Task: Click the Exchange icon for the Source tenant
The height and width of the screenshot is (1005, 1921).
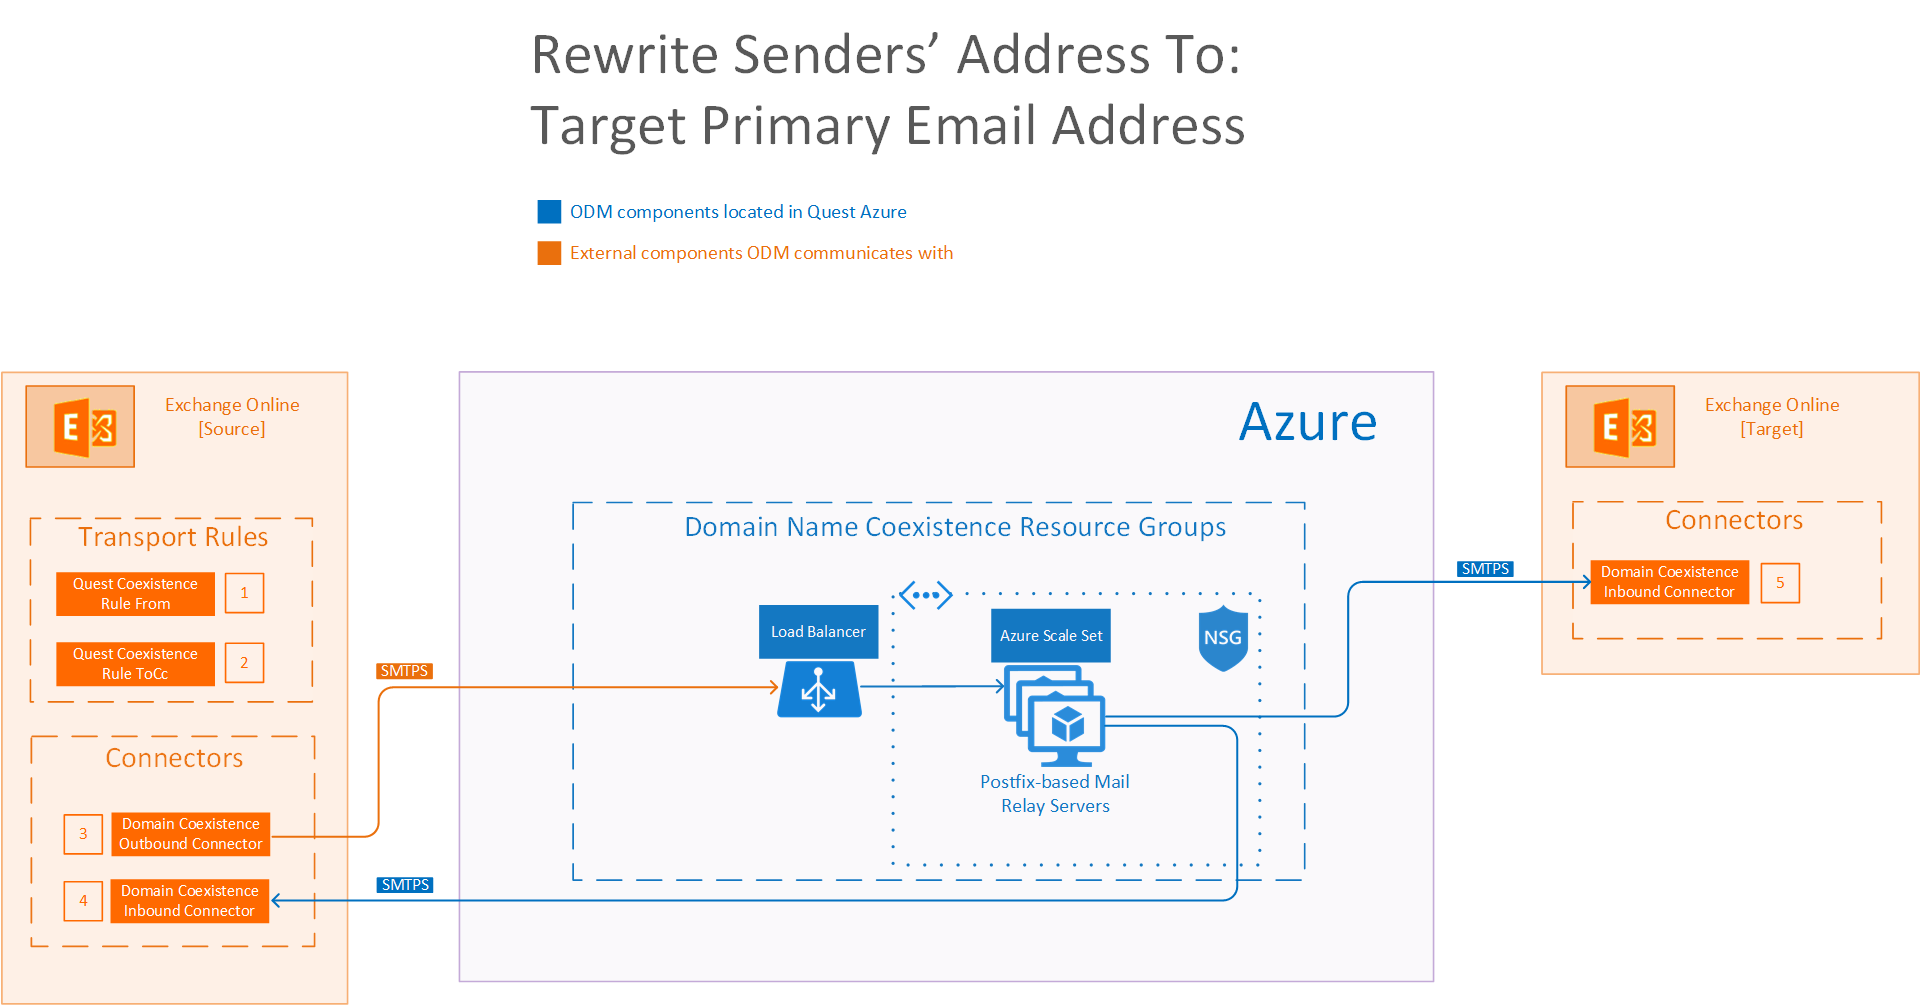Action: [80, 427]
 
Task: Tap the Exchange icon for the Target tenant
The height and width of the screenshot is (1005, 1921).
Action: [1620, 427]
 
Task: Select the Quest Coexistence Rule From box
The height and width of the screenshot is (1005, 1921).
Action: [135, 594]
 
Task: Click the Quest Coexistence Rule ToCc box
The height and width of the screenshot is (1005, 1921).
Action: [135, 664]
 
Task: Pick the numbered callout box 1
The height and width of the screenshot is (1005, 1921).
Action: [244, 593]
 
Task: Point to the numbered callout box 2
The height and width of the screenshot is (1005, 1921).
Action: [244, 663]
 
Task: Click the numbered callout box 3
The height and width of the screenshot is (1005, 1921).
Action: [83, 834]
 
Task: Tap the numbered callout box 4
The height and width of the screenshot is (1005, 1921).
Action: [83, 901]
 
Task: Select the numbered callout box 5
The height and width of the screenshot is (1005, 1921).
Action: [1780, 583]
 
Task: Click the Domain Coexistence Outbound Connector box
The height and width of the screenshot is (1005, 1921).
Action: [190, 834]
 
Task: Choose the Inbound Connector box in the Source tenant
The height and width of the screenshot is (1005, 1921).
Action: [189, 901]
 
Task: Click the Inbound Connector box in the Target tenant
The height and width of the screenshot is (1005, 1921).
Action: [1669, 582]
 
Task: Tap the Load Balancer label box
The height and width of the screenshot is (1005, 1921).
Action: [818, 632]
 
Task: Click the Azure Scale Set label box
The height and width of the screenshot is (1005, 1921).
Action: [1051, 636]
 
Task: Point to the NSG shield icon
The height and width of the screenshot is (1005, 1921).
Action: [1223, 638]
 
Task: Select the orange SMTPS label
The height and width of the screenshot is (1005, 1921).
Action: [404, 671]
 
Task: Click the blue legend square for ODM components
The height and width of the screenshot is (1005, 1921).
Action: [549, 212]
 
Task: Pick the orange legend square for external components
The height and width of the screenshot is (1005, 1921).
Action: [549, 253]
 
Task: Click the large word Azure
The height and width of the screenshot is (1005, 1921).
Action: [1308, 422]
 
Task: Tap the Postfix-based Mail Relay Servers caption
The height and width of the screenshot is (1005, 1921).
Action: [1055, 794]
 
